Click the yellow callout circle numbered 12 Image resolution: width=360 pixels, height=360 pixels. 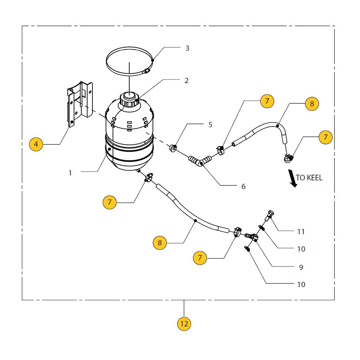click(x=184, y=324)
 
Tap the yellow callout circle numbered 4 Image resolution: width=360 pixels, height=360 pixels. click(x=36, y=144)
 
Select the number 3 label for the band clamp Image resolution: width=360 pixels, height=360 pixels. click(x=187, y=48)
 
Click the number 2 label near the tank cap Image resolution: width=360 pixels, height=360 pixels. click(x=186, y=81)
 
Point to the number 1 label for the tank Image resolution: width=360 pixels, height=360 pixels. click(x=70, y=173)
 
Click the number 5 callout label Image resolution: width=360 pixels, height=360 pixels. click(x=210, y=125)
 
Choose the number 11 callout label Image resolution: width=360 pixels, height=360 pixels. click(x=301, y=231)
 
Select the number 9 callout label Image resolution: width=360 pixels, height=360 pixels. click(x=301, y=267)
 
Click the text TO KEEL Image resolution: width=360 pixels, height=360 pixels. click(x=309, y=177)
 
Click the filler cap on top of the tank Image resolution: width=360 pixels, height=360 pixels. click(x=129, y=99)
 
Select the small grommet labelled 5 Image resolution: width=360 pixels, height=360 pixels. click(x=174, y=148)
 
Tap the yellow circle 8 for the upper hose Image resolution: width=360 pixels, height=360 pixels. click(x=312, y=104)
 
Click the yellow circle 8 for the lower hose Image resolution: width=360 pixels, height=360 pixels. click(x=160, y=243)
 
